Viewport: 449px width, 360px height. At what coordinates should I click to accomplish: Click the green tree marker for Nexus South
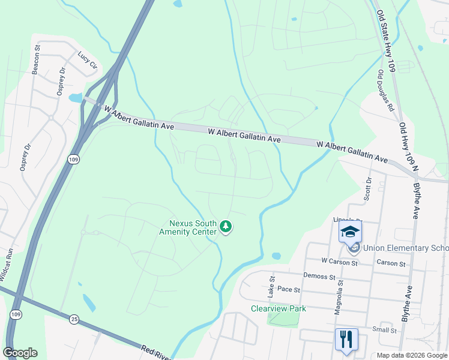coord(226,226)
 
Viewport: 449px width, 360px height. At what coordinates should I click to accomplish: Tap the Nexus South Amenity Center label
coord(188,227)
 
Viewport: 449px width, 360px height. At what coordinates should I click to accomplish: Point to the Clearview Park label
coord(279,308)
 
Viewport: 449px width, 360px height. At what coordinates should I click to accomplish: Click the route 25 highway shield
coord(74,319)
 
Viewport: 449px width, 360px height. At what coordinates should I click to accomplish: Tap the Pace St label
coord(289,289)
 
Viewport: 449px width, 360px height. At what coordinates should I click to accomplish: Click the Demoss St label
coord(319,277)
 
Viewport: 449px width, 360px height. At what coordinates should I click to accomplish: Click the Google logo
coord(20,353)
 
